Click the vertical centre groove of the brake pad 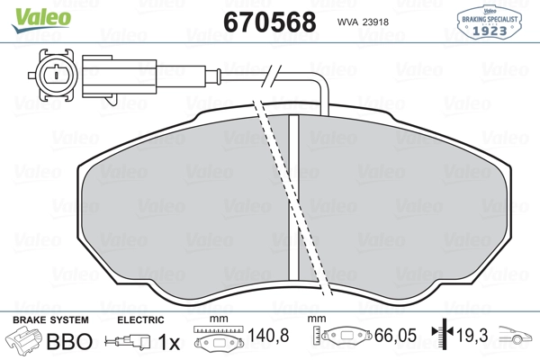292,198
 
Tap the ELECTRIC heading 141,320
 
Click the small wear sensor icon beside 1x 129,343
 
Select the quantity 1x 168,343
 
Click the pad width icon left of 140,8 217,341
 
